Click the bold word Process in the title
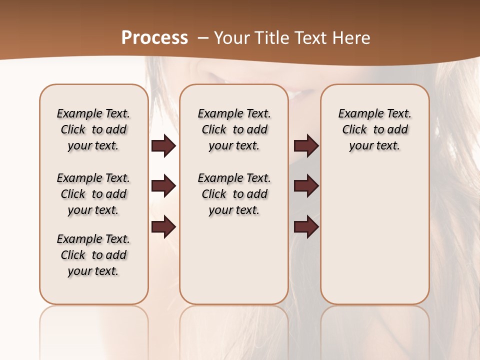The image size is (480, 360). click(154, 38)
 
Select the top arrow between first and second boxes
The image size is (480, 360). click(163, 146)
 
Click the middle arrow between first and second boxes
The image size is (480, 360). click(163, 186)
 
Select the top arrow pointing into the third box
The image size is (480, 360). click(306, 146)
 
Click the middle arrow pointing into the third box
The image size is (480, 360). click(306, 186)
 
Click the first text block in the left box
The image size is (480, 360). click(93, 129)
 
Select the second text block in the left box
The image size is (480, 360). click(93, 194)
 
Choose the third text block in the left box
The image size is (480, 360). click(93, 255)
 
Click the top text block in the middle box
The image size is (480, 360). click(234, 129)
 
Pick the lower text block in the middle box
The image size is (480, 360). click(234, 194)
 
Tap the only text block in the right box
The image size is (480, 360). click(374, 129)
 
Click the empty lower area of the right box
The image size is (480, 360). click(374, 240)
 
